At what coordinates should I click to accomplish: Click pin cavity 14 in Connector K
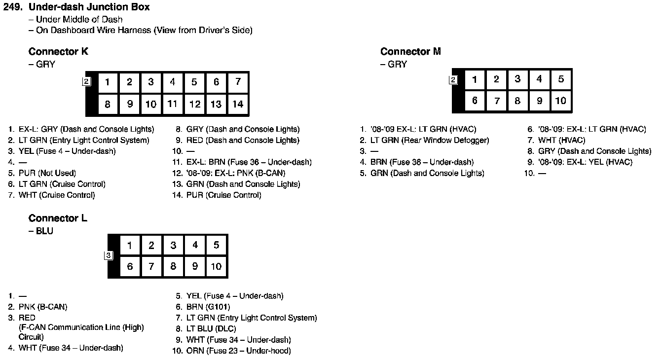pyautogui.click(x=238, y=104)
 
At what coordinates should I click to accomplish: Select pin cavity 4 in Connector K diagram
pyautogui.click(x=173, y=82)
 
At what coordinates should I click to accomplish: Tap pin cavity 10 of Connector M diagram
pyautogui.click(x=561, y=101)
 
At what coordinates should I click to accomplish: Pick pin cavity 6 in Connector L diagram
pyautogui.click(x=130, y=267)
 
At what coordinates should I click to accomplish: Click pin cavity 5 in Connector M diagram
pyautogui.click(x=561, y=79)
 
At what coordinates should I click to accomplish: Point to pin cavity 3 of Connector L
pyautogui.click(x=173, y=245)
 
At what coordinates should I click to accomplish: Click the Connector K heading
pyautogui.click(x=58, y=52)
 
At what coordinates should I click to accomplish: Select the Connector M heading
pyautogui.click(x=410, y=52)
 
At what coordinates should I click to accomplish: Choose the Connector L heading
pyautogui.click(x=58, y=218)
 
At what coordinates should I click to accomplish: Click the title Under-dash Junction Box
pyautogui.click(x=89, y=7)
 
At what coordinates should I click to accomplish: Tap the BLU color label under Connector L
pyautogui.click(x=44, y=231)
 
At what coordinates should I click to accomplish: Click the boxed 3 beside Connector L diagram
pyautogui.click(x=109, y=255)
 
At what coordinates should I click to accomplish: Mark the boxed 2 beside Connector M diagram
pyautogui.click(x=453, y=80)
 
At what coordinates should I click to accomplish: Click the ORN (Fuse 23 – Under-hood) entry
pyautogui.click(x=238, y=351)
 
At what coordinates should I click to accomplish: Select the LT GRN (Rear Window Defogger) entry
pyautogui.click(x=430, y=141)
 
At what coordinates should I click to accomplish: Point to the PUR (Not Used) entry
pyautogui.click(x=47, y=173)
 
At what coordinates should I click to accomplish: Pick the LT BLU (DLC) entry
pyautogui.click(x=211, y=329)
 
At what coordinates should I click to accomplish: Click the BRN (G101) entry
pyautogui.click(x=208, y=307)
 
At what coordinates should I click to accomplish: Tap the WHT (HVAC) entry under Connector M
pyautogui.click(x=561, y=141)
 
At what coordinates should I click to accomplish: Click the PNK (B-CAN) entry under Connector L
pyautogui.click(x=43, y=307)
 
